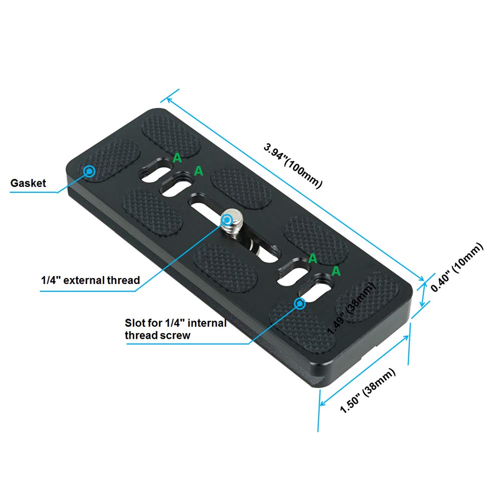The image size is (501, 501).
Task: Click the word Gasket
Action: (28, 183)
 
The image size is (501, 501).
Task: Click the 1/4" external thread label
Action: (90, 280)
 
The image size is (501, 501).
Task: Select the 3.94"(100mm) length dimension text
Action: (293, 165)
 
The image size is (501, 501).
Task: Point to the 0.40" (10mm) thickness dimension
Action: (457, 267)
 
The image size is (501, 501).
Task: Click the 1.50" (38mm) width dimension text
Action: (368, 390)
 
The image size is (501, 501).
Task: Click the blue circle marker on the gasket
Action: (89, 171)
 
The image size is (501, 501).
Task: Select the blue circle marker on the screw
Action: (227, 220)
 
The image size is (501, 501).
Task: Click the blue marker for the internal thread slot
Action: (300, 304)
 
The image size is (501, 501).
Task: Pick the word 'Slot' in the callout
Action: (135, 323)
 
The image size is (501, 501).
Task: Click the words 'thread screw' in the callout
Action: (157, 335)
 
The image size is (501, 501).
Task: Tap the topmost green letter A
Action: (177, 158)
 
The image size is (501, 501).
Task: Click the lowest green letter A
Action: (336, 271)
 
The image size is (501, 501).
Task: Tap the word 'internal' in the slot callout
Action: (207, 323)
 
